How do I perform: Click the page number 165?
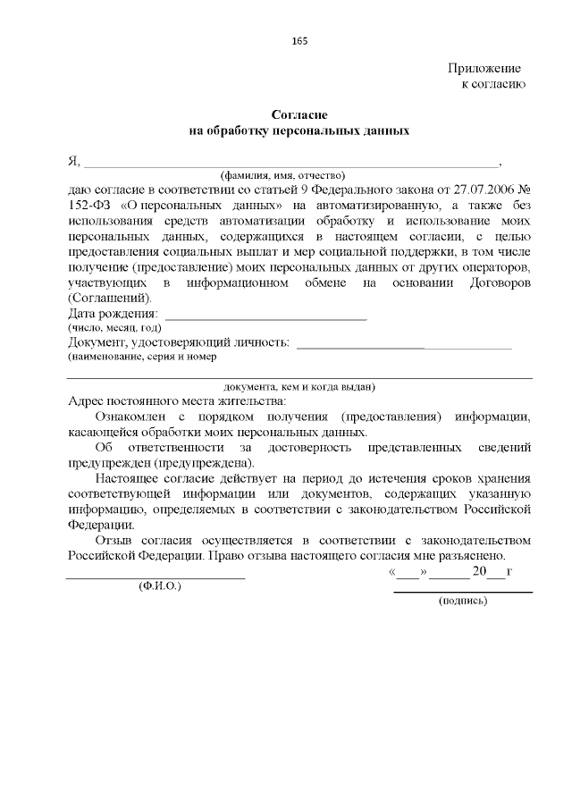[x=299, y=41]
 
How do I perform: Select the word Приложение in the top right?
[x=484, y=68]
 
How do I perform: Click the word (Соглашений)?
[x=110, y=299]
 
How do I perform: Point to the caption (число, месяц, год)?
[x=114, y=328]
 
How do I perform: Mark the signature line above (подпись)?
[x=463, y=591]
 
